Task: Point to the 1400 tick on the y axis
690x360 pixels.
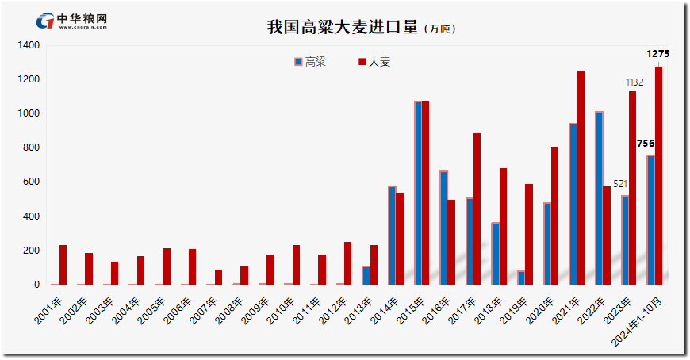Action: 29,45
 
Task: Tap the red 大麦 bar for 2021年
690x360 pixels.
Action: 581,178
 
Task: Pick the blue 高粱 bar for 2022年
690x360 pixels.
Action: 599,198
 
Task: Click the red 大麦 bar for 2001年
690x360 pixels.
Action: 63,265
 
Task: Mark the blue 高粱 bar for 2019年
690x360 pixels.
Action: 521,278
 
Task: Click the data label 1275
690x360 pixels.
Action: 658,54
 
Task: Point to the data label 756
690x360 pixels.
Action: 646,144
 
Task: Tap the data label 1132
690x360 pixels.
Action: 634,82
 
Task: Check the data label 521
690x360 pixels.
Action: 619,184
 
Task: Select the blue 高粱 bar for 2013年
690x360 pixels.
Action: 366,275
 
